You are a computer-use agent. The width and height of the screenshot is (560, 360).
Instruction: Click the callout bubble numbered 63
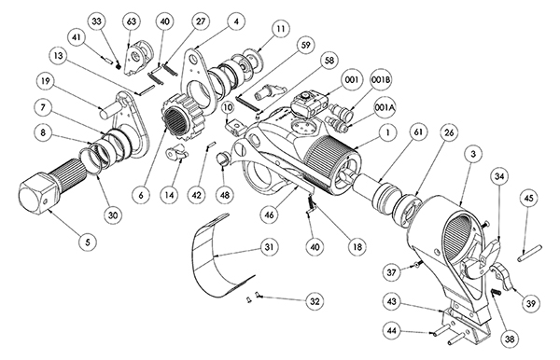click(x=132, y=21)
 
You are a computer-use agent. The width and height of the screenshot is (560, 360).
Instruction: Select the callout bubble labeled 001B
click(x=381, y=80)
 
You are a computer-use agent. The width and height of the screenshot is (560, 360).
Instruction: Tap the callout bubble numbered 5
click(x=88, y=242)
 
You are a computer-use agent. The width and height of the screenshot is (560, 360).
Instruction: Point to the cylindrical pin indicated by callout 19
click(x=109, y=109)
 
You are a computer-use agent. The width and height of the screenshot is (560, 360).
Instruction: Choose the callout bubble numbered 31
click(x=270, y=247)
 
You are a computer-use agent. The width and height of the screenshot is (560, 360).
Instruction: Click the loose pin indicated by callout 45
click(x=529, y=252)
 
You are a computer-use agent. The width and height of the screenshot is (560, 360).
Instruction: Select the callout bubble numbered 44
click(x=392, y=331)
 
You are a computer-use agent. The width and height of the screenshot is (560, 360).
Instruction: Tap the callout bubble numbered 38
click(x=510, y=339)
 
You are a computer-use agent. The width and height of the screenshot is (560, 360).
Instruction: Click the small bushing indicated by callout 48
click(x=223, y=159)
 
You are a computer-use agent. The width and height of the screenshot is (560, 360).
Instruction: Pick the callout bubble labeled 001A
click(x=385, y=107)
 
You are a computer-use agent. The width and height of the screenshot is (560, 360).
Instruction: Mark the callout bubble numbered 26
click(x=449, y=132)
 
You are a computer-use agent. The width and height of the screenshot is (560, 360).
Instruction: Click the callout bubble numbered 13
click(x=59, y=56)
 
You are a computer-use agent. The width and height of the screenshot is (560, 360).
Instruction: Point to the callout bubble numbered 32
click(x=315, y=301)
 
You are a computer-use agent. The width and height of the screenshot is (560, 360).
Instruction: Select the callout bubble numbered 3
click(x=473, y=154)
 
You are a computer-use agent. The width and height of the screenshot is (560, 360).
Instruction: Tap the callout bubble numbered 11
click(x=281, y=29)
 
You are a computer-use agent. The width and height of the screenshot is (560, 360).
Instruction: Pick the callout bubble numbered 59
click(x=306, y=45)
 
